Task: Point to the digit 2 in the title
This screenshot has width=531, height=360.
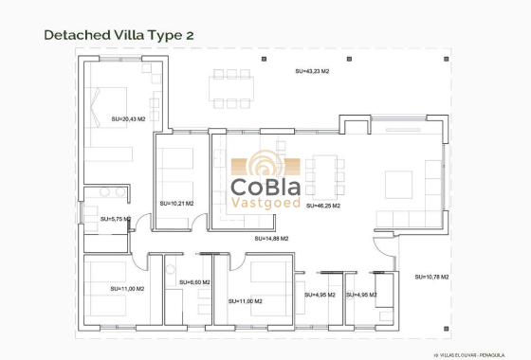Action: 190,35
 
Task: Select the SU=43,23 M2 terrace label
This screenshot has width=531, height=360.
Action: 314,71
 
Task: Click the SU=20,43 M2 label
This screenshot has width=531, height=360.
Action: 129,118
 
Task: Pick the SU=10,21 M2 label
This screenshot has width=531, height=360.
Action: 176,203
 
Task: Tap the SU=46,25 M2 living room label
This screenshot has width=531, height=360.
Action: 323,205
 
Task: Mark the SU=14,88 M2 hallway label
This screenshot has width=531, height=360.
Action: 271,238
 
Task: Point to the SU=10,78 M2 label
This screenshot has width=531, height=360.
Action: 431,277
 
